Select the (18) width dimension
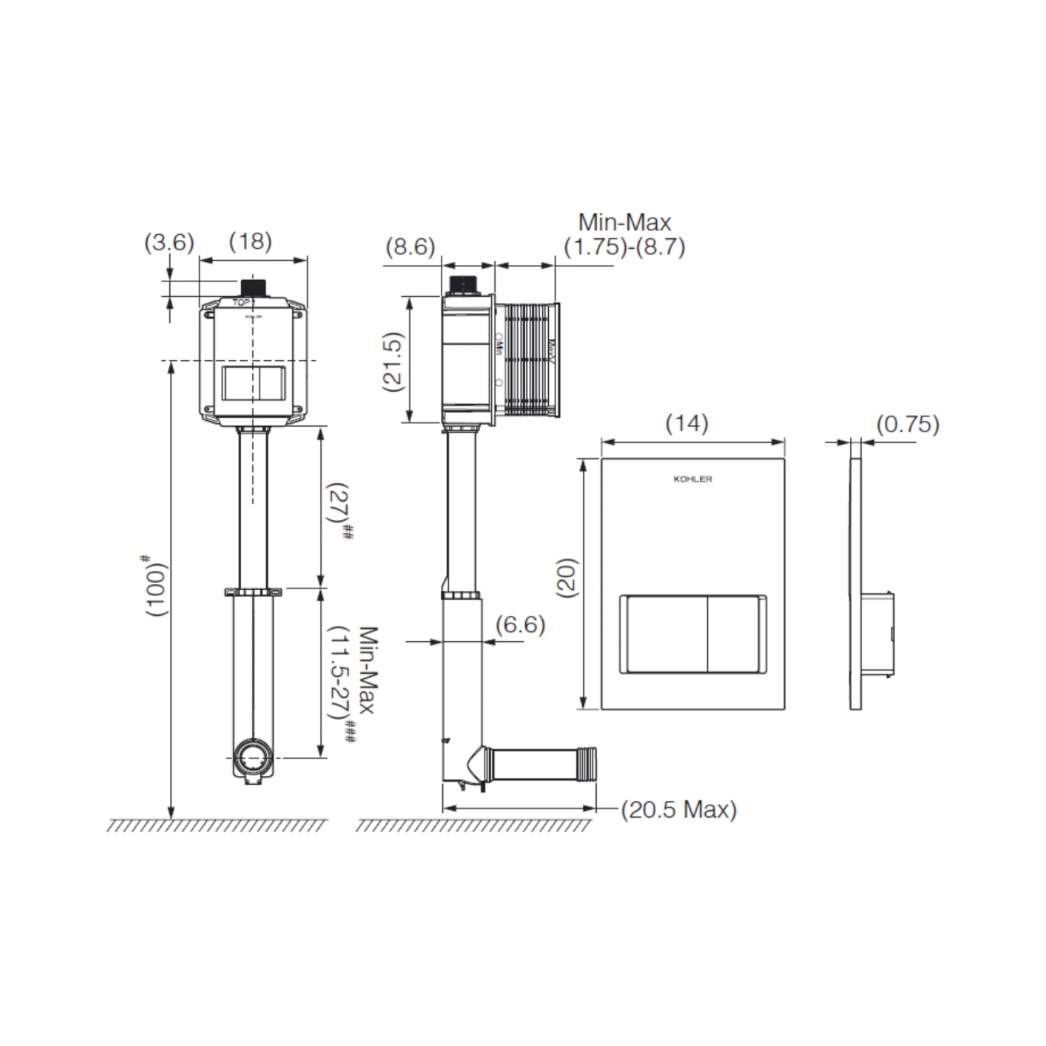250,241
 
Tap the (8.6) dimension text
410,247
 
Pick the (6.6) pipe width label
520,625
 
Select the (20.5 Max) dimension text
679,810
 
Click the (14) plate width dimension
686,423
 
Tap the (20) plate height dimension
568,578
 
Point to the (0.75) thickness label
908,424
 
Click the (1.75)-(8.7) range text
625,247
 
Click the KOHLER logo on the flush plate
692,479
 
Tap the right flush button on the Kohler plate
735,634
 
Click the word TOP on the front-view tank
241,302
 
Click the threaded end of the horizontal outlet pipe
588,764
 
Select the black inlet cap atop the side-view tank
463,284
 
